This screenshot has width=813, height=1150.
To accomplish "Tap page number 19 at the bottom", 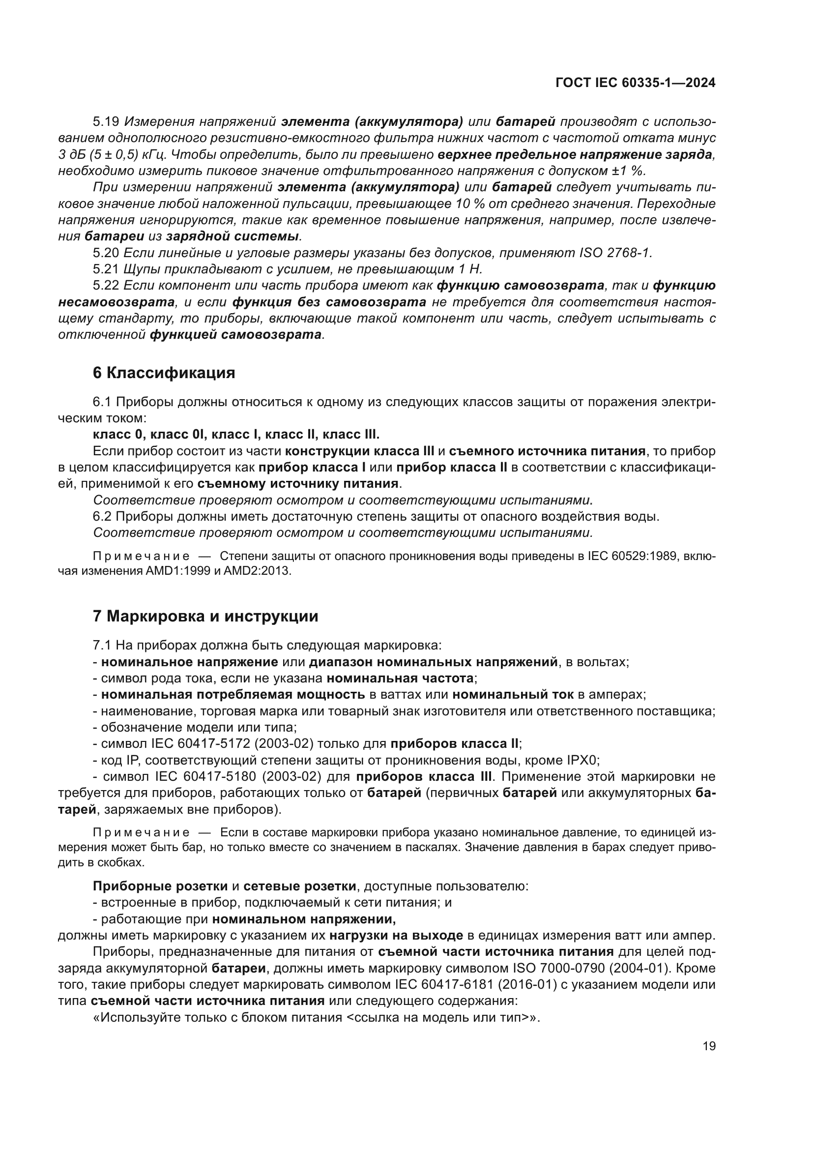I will [x=709, y=1046].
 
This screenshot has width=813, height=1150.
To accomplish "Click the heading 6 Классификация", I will [x=164, y=373].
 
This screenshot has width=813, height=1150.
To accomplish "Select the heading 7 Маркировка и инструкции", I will [x=205, y=616].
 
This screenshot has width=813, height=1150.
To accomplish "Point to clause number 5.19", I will [x=106, y=122].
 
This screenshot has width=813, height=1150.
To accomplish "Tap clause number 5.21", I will [x=106, y=269].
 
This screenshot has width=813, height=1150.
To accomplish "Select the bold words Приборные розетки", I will [x=160, y=886].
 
